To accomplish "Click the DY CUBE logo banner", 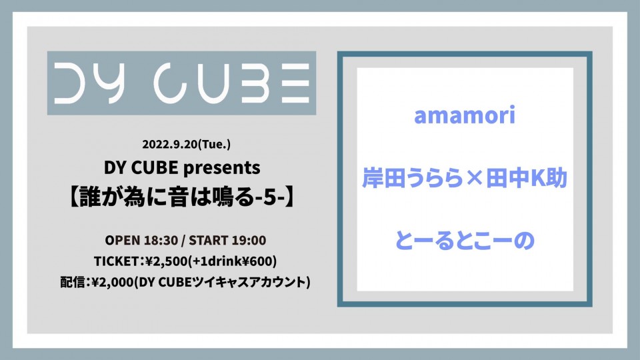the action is coord(181,83).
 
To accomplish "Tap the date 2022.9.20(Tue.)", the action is coord(186,144).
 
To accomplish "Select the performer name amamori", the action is coord(465,115).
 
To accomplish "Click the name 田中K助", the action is coord(527,179).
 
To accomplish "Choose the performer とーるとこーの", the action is coord(465,241).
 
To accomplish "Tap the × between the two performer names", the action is coord(474,179).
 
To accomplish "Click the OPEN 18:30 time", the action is coord(141,240).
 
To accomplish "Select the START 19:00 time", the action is coord(227,240).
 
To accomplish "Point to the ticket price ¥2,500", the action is coord(166,261).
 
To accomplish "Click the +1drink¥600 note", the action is coord(232,261).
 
